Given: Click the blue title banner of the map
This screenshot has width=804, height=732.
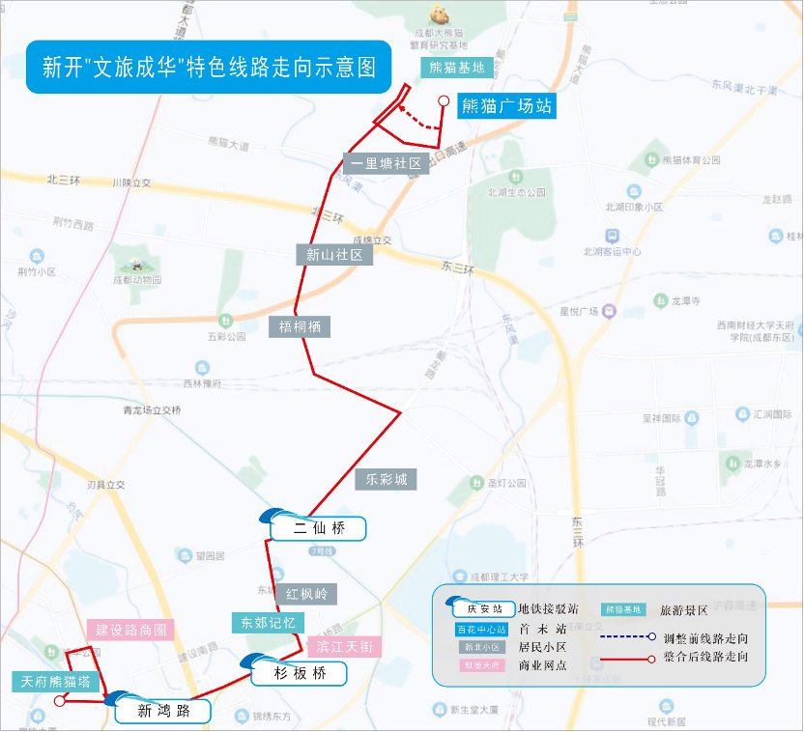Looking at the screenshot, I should tap(208, 67).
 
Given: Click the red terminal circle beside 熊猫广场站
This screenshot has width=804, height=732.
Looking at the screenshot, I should tap(444, 100).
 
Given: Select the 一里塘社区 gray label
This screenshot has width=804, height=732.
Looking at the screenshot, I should tap(386, 164).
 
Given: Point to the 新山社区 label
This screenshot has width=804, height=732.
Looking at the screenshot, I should tap(333, 255).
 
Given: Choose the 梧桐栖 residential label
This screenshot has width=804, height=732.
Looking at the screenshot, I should tap(300, 326).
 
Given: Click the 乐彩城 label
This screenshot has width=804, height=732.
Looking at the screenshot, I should tap(386, 479).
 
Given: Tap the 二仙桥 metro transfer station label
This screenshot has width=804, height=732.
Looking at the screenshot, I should tap(319, 528).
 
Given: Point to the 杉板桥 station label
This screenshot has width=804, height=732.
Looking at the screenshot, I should tap(300, 673).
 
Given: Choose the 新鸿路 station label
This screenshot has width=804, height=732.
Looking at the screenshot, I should tap(162, 713).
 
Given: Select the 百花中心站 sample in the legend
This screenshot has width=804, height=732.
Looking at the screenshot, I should tap(481, 630).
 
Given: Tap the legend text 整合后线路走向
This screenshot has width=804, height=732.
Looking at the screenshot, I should tap(705, 657).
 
